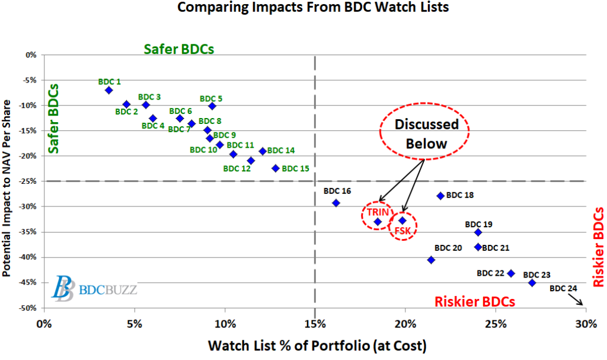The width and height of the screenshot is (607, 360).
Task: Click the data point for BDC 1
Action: pyautogui.click(x=108, y=90)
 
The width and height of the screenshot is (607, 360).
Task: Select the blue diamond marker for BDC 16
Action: pyautogui.click(x=336, y=203)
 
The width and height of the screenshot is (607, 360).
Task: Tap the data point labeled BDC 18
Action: pyautogui.click(x=440, y=196)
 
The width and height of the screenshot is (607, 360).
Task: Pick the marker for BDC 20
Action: pyautogui.click(x=431, y=260)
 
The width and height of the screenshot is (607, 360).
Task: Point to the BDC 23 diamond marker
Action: pyautogui.click(x=532, y=283)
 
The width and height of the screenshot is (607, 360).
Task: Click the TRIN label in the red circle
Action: pyautogui.click(x=377, y=212)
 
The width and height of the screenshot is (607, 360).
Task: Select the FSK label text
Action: pyautogui.click(x=403, y=230)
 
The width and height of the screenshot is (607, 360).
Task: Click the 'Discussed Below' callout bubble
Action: pyautogui.click(x=424, y=133)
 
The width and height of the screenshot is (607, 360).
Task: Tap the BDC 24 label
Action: pyautogui.click(x=563, y=289)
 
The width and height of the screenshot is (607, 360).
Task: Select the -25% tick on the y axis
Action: pyautogui.click(x=29, y=181)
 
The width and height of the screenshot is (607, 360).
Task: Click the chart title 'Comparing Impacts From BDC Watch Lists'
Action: pyautogui.click(x=303, y=9)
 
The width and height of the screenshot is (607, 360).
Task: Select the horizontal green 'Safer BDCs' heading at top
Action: pyautogui.click(x=178, y=49)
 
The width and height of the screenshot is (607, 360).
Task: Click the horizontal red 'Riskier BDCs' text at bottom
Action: pyautogui.click(x=474, y=301)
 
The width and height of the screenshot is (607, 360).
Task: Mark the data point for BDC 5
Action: pyautogui.click(x=212, y=106)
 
